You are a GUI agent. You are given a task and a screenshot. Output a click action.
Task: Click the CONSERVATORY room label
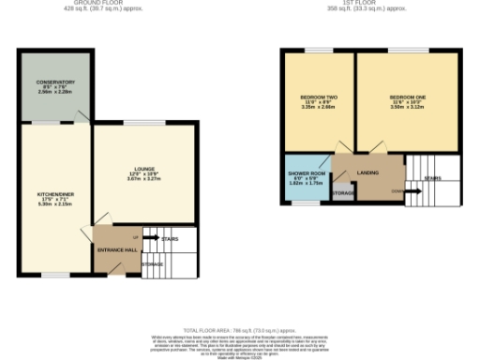coord(56,82)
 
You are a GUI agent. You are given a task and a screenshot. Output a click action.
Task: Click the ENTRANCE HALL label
coord(117,250)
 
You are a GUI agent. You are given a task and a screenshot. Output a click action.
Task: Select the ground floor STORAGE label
coord(152,264)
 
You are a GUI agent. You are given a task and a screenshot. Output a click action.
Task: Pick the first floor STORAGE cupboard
coord(343,193)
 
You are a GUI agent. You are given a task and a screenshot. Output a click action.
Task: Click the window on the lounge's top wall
coord(142,122)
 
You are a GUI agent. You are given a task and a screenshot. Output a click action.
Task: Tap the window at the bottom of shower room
coord(303,201)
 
